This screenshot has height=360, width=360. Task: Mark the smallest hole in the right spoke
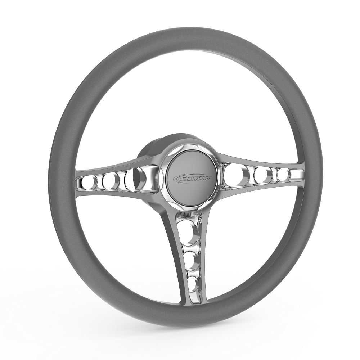(x=285, y=175)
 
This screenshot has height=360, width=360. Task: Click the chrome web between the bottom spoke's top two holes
(x=188, y=244)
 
